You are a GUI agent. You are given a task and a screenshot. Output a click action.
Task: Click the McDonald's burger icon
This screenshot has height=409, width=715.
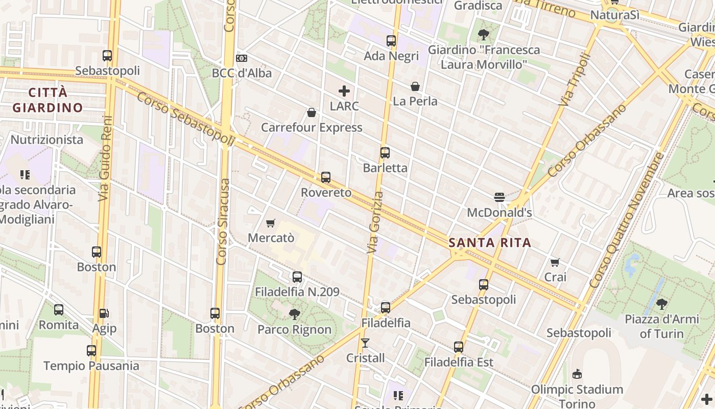(499, 197)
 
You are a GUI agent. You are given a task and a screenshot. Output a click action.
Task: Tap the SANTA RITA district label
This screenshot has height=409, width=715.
(490, 243)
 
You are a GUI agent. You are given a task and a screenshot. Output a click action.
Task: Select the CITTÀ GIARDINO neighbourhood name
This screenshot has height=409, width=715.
(47, 100)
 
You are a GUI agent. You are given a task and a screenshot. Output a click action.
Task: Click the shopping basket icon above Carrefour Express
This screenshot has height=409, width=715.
(312, 112)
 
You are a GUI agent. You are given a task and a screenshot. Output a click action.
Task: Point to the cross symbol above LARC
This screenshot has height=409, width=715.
(344, 91)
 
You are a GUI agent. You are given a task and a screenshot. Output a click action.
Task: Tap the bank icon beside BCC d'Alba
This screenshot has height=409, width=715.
(242, 58)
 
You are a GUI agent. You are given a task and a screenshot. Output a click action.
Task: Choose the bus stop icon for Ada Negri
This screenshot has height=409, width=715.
(391, 41)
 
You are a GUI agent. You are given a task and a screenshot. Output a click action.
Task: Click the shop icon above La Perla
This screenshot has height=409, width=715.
(415, 86)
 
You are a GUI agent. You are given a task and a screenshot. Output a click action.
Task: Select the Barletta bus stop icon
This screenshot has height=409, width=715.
(385, 152)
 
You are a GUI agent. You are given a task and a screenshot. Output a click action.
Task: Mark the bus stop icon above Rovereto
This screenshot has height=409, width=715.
(326, 177)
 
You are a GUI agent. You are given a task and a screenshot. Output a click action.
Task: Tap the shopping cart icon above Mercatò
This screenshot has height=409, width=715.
(271, 223)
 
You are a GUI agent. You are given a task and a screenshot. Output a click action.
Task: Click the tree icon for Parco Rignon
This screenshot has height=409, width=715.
(294, 314)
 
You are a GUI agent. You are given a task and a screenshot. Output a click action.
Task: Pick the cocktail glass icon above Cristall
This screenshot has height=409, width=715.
(365, 343)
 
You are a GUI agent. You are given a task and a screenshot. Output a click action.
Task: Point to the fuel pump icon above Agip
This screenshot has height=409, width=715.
(104, 313)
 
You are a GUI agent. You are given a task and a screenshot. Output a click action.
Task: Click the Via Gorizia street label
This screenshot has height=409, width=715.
(374, 222)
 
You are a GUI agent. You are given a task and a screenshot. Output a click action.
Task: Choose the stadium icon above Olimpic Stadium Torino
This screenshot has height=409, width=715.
(577, 374)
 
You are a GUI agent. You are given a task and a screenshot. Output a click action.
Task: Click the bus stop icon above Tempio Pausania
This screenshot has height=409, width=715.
(91, 351)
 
